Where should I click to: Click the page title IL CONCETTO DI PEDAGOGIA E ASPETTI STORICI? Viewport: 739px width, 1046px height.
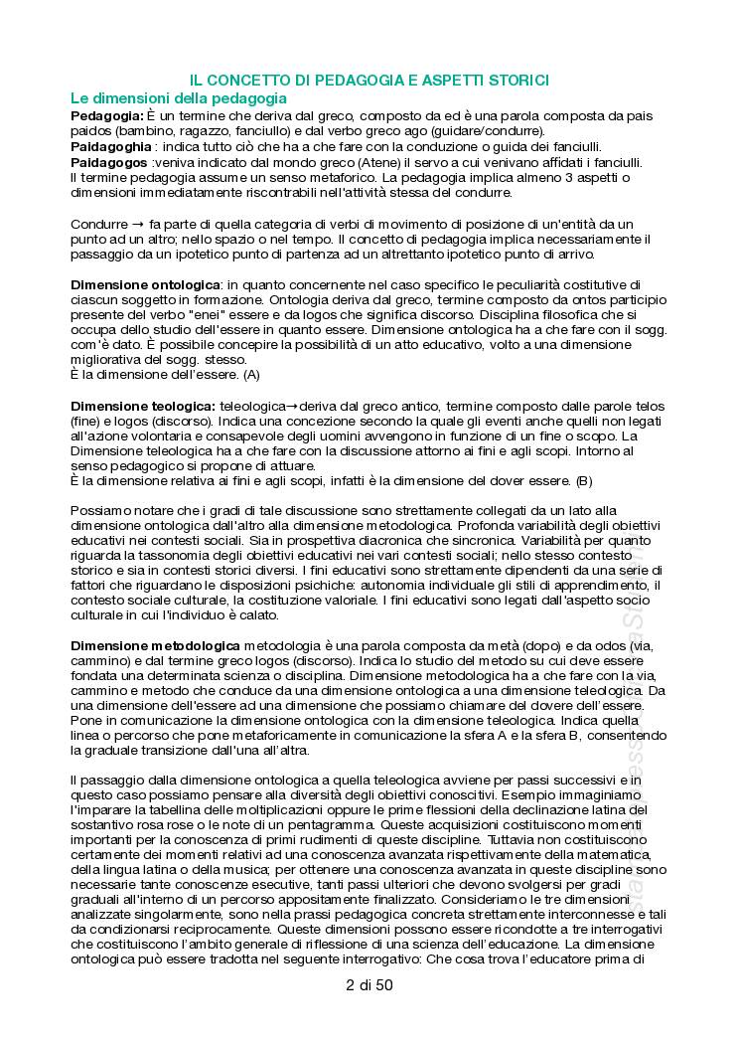click(x=369, y=80)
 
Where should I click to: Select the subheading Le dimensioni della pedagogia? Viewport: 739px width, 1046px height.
click(x=179, y=98)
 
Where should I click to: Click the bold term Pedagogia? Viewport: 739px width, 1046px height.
click(x=108, y=115)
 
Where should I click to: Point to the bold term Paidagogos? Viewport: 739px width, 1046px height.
click(x=109, y=161)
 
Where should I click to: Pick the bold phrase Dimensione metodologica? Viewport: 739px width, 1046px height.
click(x=155, y=645)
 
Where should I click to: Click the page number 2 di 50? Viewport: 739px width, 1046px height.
click(x=369, y=985)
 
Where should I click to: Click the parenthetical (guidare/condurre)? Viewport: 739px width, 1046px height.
click(x=486, y=131)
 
